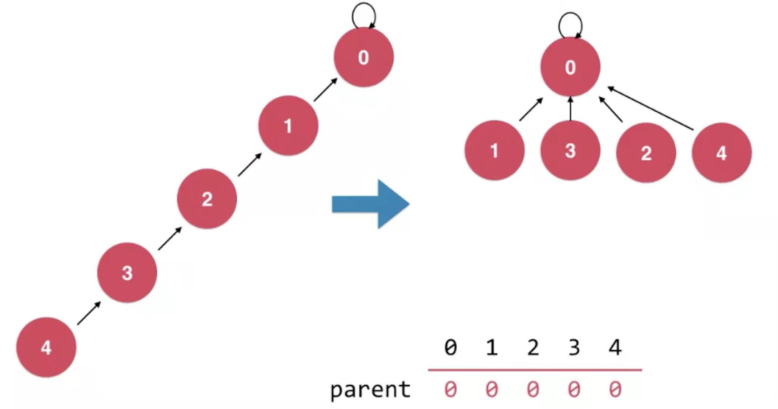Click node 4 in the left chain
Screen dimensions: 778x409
46,347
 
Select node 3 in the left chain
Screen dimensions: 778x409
127,273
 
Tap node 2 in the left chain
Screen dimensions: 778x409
207,199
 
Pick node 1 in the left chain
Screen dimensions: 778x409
288,125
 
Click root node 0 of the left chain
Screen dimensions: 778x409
363,57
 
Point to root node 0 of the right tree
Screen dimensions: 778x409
570,67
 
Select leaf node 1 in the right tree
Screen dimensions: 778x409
494,150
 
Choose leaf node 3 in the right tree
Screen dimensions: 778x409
570,150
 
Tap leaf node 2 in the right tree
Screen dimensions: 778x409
646,153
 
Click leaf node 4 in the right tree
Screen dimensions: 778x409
722,153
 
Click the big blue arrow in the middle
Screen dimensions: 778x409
370,204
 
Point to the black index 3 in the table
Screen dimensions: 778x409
574,347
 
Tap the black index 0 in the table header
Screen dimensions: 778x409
450,347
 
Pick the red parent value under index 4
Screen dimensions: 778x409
615,390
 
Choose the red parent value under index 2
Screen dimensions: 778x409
533,390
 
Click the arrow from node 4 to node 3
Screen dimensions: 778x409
89,313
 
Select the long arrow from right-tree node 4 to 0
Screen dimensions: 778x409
650,109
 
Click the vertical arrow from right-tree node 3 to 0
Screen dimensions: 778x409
570,109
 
